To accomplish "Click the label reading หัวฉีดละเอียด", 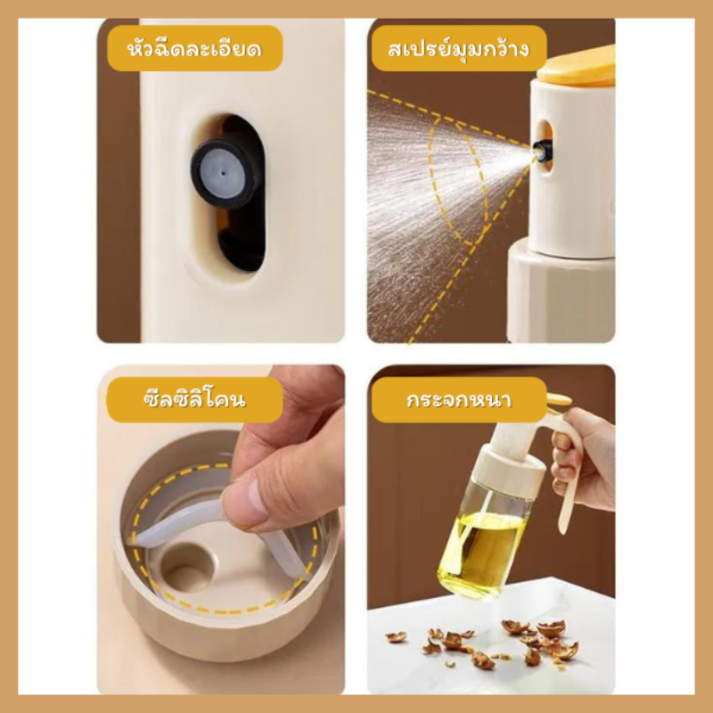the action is tap(194, 48).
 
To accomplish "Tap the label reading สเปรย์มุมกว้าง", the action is tap(459, 48).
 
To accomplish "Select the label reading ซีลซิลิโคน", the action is tap(194, 399).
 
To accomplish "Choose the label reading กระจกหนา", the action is tap(459, 399).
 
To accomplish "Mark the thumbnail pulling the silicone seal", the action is tap(245, 504).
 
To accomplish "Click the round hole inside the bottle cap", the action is tap(186, 567).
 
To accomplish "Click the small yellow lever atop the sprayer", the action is tap(559, 399).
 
